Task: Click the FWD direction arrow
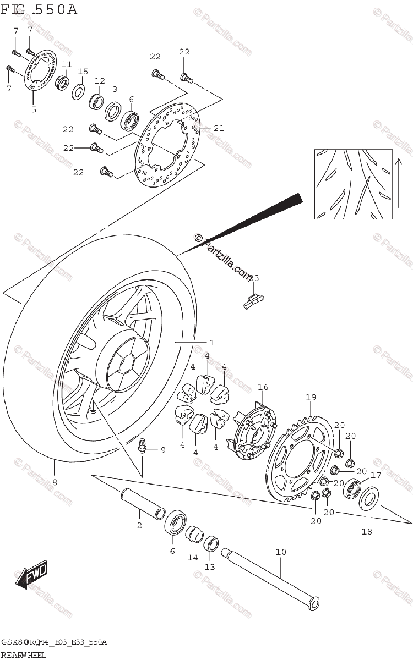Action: pyautogui.click(x=31, y=575)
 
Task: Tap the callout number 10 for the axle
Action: pyautogui.click(x=281, y=551)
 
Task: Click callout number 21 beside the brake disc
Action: pyautogui.click(x=219, y=128)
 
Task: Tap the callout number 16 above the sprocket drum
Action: pyautogui.click(x=263, y=388)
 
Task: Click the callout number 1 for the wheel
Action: pyautogui.click(x=211, y=342)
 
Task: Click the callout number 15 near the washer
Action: pyautogui.click(x=83, y=71)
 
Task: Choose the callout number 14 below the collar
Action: pyautogui.click(x=192, y=558)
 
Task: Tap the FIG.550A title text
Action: pyautogui.click(x=39, y=9)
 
